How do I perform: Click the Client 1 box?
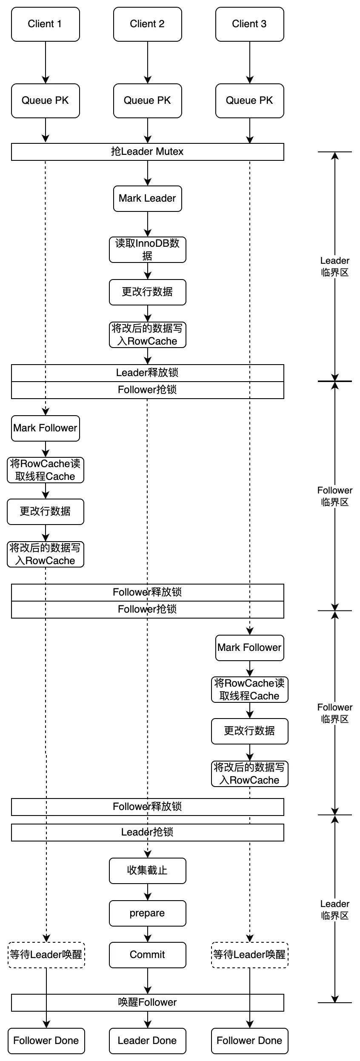[45, 24]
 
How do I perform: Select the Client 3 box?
[249, 24]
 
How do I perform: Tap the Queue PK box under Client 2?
[147, 101]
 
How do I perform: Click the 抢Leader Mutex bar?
[147, 152]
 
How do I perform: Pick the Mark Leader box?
[147, 199]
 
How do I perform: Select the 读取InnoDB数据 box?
[147, 250]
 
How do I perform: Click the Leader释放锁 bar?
[147, 373]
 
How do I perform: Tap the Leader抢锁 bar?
[147, 833]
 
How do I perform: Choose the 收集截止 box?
[147, 871]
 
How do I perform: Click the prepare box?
[147, 913]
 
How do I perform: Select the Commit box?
[147, 955]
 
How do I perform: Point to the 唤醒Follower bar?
[147, 1003]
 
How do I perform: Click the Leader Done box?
[147, 1041]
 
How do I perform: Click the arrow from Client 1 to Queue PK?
[46, 62]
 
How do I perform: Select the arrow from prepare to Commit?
[148, 934]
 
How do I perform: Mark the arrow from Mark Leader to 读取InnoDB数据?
[148, 224]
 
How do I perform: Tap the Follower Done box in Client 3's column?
[249, 1041]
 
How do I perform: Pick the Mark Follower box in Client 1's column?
[45, 428]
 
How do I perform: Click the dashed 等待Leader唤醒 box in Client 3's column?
[249, 955]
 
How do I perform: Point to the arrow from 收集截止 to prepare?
[148, 892]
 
